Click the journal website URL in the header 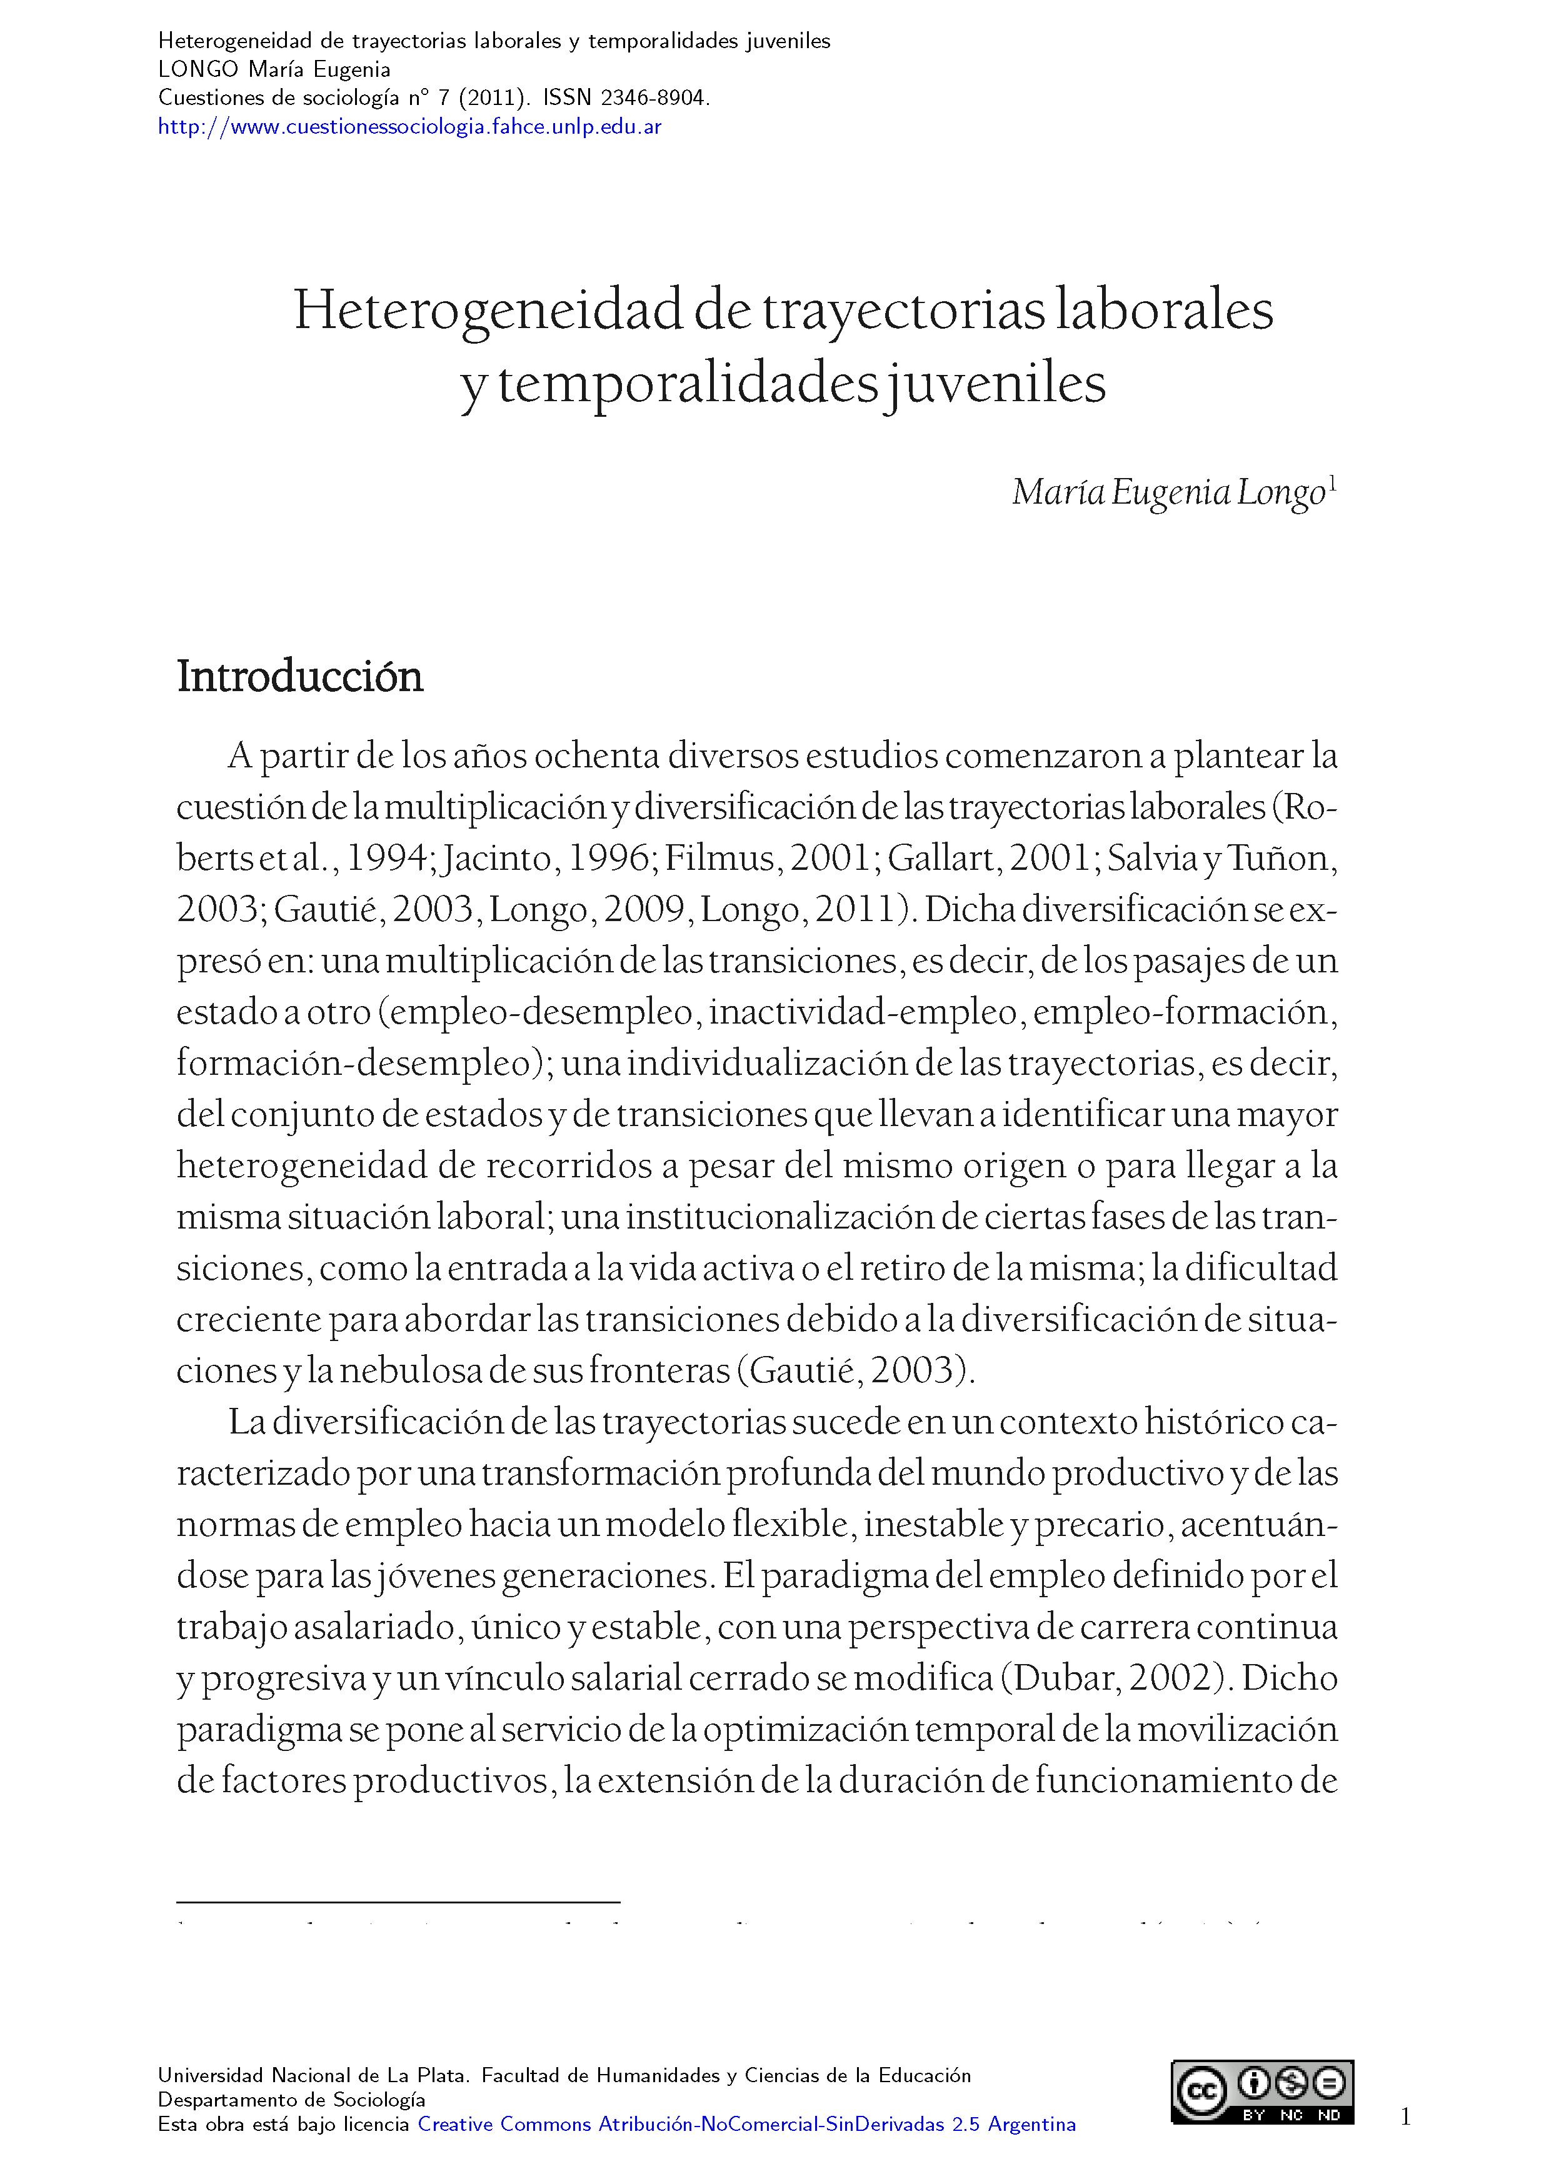[409, 126]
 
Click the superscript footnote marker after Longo [1332, 484]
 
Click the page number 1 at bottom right [1405, 2117]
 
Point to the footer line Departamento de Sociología [291, 2100]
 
